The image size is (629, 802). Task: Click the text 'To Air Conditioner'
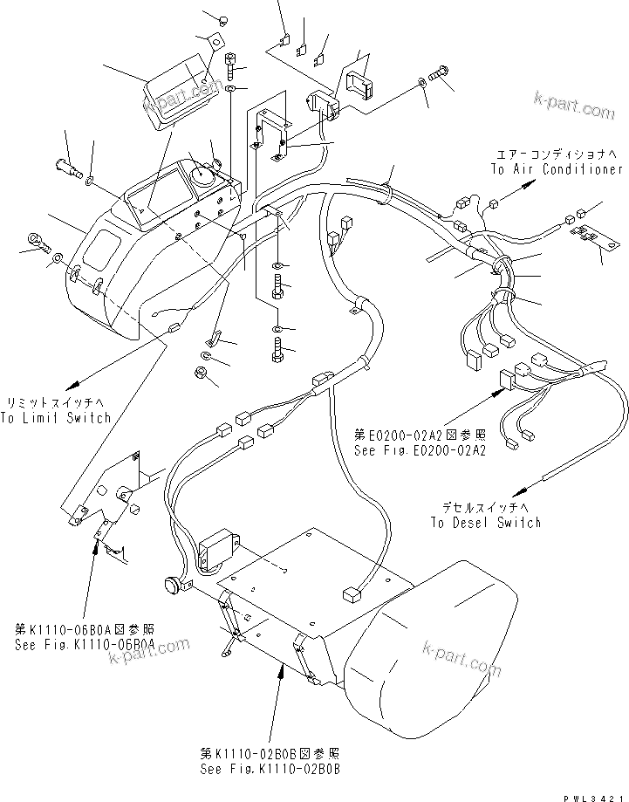[x=556, y=169]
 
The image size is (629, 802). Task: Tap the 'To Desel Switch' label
[x=485, y=522]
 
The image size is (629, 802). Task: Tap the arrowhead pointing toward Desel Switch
[x=523, y=489]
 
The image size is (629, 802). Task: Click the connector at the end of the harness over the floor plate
[x=352, y=594]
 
